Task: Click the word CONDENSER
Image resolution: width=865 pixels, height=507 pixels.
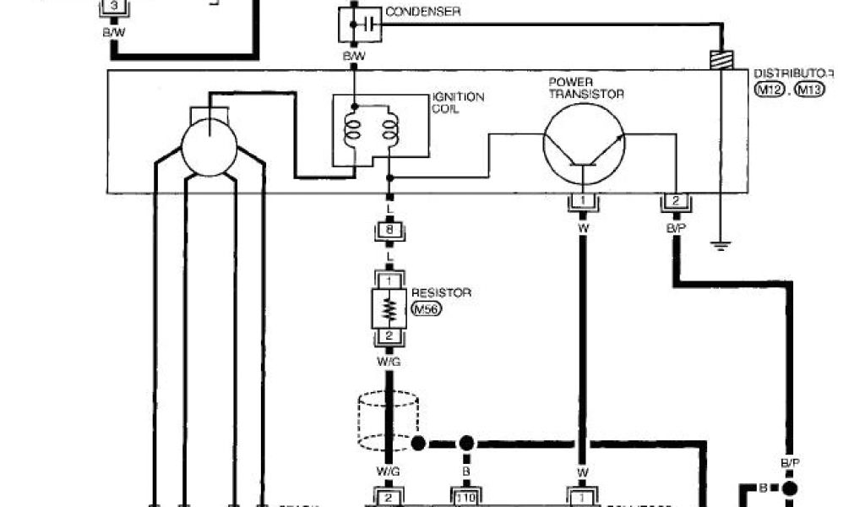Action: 422,11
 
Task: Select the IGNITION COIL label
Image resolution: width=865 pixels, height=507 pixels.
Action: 458,103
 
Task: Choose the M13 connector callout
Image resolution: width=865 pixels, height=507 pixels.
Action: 810,89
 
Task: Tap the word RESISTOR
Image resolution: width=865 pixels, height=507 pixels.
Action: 441,292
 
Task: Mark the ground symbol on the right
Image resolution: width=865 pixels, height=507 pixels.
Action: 720,246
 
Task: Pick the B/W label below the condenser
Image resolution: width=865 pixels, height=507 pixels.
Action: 353,57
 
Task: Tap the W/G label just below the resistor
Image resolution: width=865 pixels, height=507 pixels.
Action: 389,362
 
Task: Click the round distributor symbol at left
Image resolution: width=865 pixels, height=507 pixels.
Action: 209,147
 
